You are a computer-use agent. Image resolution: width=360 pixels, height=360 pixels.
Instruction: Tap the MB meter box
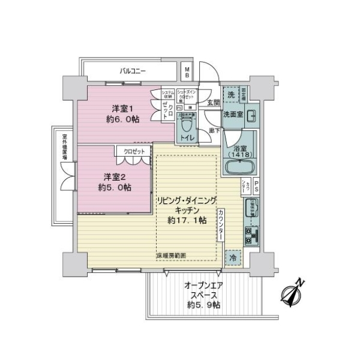pyautogui.click(x=187, y=73)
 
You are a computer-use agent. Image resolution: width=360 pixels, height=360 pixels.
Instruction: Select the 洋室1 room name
pyautogui.click(x=121, y=109)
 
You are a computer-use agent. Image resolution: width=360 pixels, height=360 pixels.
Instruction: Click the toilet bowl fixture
pyautogui.click(x=186, y=127)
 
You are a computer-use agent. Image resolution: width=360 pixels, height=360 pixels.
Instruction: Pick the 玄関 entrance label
pyautogui.click(x=213, y=103)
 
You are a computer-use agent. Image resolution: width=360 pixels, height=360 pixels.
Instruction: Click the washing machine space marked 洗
pyautogui.click(x=231, y=95)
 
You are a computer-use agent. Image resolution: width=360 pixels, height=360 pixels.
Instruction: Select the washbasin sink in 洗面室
pyautogui.click(x=251, y=115)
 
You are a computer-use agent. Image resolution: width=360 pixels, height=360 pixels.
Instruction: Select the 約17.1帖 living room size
pyautogui.click(x=187, y=220)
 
